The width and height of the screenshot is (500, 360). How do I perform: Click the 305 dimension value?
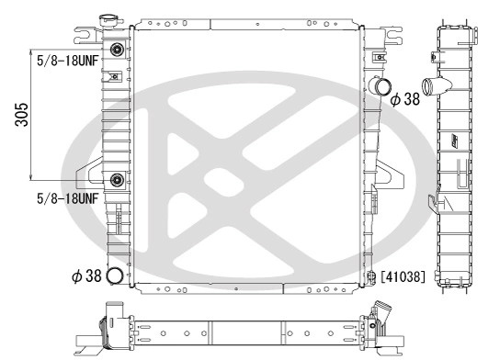22,115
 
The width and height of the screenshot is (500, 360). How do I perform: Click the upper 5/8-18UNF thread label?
68,61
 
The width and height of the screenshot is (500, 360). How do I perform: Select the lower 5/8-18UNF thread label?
68,198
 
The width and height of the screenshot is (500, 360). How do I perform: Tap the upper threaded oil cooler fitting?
117,50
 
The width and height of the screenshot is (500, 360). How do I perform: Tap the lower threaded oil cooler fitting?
117,180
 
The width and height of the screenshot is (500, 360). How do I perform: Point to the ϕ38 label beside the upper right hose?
405,99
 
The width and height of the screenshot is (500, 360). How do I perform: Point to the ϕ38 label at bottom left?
86,276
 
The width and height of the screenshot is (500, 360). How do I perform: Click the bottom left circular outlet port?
115,276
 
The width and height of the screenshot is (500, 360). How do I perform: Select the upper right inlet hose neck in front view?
381,85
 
